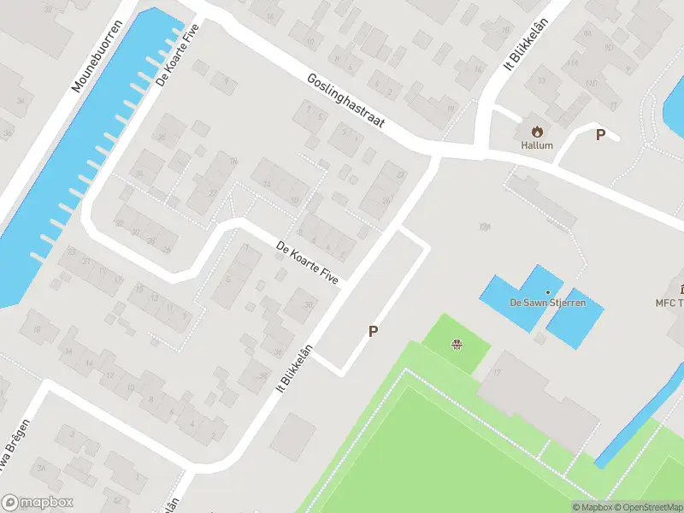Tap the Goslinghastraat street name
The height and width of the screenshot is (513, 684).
click(346, 101)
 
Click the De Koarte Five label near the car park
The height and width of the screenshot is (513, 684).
click(308, 263)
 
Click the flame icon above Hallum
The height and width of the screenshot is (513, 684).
click(538, 132)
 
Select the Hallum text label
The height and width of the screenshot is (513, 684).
click(538, 145)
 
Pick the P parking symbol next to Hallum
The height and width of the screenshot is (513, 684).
click(600, 134)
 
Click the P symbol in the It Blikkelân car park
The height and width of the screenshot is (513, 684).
click(373, 331)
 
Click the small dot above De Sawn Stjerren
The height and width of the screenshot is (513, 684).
click(547, 292)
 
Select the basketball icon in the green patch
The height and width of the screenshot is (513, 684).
click(457, 345)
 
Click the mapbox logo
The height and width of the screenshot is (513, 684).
click(38, 503)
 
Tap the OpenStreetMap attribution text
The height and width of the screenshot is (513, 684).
click(646, 507)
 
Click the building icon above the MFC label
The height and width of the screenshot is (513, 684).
click(681, 289)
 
